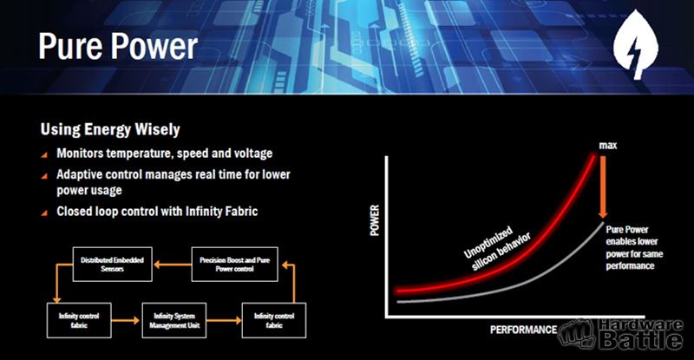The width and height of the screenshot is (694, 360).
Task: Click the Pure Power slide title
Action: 118,46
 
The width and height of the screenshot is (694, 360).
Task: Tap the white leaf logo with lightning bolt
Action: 636,45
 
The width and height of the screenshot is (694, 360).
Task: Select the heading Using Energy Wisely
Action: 110,129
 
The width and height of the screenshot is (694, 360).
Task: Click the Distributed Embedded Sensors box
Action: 113,265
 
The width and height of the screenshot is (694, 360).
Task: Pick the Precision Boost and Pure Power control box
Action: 234,265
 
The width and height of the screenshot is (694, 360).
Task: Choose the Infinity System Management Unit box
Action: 174,321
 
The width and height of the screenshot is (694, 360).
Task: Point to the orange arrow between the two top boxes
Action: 172,265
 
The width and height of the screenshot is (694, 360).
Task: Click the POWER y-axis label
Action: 375,220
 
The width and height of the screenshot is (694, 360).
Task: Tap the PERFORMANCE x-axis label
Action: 523,330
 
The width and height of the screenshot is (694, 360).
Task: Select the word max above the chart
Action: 608,145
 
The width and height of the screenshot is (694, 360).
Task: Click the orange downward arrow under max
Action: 602,186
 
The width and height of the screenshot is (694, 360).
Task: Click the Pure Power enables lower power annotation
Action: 634,247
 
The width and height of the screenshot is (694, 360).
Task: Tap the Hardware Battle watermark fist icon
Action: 576,334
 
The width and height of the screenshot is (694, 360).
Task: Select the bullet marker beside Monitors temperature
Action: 44,154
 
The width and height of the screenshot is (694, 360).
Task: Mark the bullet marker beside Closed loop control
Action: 44,213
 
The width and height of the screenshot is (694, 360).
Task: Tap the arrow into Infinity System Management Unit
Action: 126,320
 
